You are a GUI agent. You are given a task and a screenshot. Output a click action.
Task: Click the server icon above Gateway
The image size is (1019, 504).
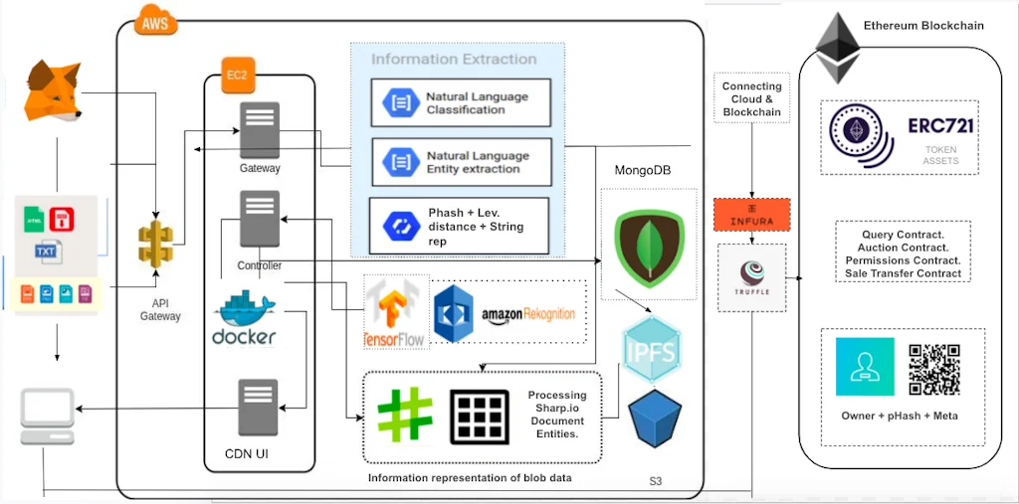(260, 128)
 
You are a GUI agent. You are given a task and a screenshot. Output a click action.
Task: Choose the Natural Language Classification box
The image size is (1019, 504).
(461, 103)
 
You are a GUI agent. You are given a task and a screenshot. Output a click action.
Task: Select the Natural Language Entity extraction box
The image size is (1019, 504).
(461, 162)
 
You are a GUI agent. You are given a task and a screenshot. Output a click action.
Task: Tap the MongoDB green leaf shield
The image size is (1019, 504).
(650, 245)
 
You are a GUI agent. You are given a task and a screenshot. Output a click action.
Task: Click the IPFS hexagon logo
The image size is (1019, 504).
(652, 351)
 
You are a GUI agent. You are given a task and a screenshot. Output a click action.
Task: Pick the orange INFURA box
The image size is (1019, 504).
(751, 215)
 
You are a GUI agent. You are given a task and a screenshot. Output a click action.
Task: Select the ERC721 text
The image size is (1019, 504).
(940, 127)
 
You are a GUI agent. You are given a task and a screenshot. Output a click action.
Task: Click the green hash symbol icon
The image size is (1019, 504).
(403, 416)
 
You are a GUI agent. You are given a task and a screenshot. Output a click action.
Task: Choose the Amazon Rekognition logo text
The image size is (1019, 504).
(528, 315)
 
